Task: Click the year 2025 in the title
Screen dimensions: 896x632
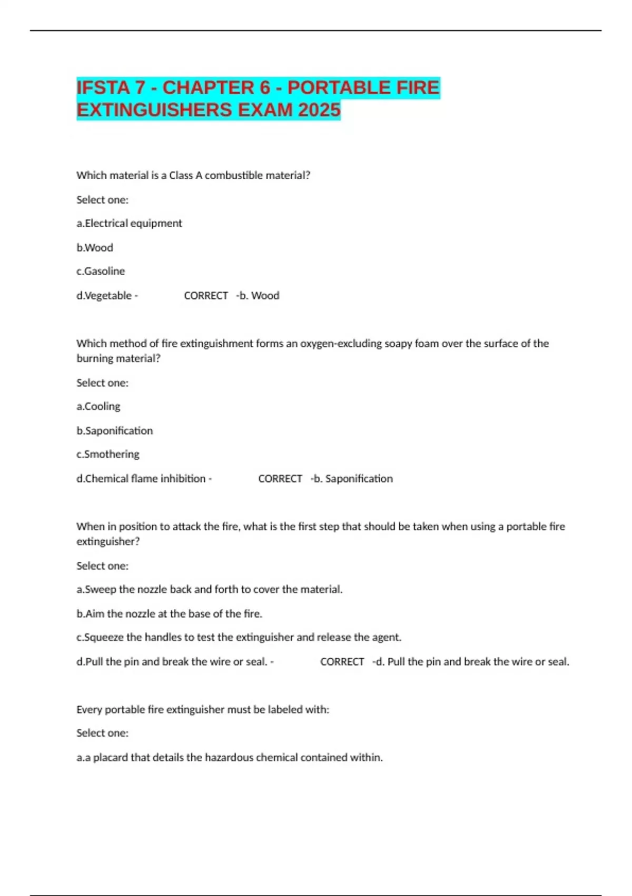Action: pos(319,110)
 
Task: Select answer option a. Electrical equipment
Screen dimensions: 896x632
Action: pos(129,223)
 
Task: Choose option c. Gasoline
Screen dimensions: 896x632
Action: pos(101,271)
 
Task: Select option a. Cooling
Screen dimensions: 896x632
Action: pos(98,406)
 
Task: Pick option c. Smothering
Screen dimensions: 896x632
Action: pos(108,454)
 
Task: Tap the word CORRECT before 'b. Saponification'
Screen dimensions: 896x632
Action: pos(280,479)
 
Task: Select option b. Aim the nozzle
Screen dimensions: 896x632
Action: pos(169,613)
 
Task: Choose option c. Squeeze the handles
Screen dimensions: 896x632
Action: pos(239,637)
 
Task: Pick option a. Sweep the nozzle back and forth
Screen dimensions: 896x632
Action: pos(209,589)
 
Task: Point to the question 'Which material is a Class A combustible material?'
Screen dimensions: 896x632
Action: pos(193,176)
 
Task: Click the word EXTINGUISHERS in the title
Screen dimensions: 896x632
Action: pos(154,110)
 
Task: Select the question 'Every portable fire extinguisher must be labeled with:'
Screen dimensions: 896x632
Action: pos(203,709)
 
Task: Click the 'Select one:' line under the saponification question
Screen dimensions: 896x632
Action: pos(102,383)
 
